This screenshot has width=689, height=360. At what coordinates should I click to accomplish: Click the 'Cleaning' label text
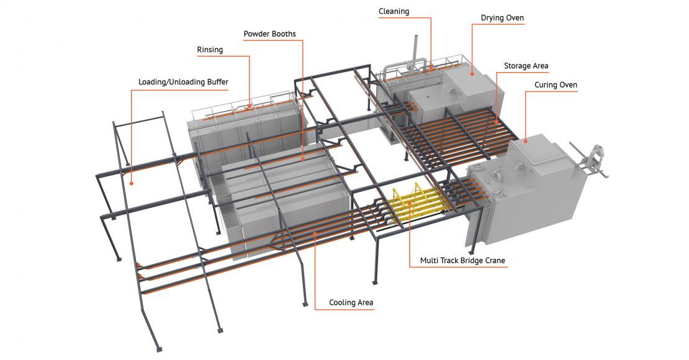[x=394, y=12]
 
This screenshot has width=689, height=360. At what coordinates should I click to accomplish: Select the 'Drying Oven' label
[x=502, y=18]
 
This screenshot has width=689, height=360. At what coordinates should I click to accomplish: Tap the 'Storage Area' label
[x=526, y=66]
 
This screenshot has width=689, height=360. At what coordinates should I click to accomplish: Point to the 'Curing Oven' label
[x=556, y=85]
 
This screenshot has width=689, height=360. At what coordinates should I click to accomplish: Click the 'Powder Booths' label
[x=269, y=34]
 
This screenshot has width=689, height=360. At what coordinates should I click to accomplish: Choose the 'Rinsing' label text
[x=210, y=50]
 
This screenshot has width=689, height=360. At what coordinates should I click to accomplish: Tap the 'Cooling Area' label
[x=351, y=302]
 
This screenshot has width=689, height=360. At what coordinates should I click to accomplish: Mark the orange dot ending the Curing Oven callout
[x=526, y=142]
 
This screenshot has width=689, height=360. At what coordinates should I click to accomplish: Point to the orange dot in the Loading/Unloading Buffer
[x=132, y=183]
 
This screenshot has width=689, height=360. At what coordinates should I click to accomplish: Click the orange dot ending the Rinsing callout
[x=250, y=106]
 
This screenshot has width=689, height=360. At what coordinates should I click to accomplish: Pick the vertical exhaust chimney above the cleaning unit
[x=415, y=50]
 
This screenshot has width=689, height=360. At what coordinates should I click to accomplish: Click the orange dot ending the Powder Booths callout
[x=303, y=159]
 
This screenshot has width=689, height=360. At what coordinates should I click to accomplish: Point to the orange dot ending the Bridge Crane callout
[x=410, y=205]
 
